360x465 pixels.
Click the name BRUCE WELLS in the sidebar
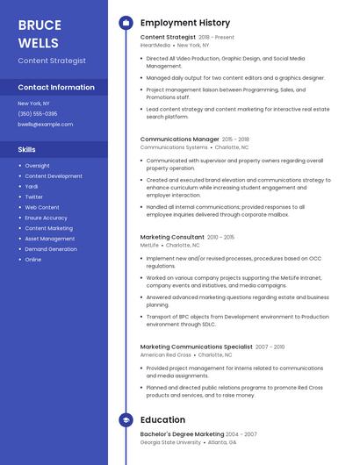coord(40,33)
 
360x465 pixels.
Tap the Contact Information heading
coord(56,88)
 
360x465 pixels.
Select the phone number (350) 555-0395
coord(38,114)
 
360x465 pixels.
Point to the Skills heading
coord(27,150)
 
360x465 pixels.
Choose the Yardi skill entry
coord(32,186)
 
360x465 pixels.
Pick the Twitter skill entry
coord(33,197)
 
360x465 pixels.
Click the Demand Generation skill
coord(51,249)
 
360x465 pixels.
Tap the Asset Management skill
coord(50,239)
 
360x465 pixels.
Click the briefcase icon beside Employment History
coord(126,23)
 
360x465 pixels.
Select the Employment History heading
coord(185,23)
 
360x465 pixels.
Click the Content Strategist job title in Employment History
coord(168,38)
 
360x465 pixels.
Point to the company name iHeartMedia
coord(155,46)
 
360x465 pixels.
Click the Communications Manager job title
coord(179,139)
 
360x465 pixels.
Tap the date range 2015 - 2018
coord(235,139)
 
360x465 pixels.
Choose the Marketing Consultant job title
coord(172,237)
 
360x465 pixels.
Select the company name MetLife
coord(149,246)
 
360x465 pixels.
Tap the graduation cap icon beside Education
coord(126,420)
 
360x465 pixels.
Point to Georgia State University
coord(170,442)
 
